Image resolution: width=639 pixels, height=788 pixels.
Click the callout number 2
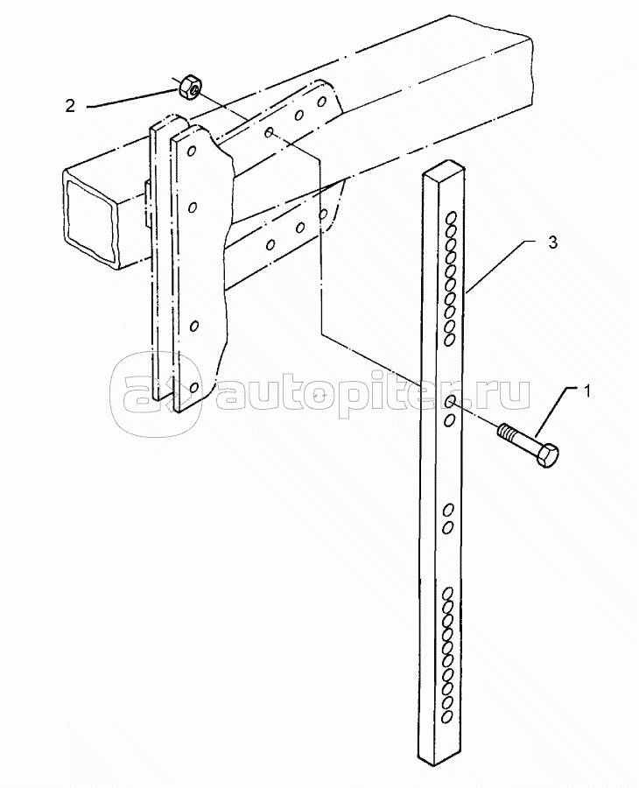[70, 106]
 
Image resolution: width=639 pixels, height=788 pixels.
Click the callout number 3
[551, 243]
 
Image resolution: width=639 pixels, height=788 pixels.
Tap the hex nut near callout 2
[188, 88]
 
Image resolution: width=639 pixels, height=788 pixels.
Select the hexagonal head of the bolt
[545, 456]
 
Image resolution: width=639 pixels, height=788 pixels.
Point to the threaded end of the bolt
[505, 431]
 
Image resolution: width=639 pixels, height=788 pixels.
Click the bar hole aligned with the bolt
[449, 401]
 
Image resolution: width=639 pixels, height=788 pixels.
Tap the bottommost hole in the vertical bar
[447, 716]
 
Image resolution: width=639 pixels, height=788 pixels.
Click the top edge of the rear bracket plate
[161, 124]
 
